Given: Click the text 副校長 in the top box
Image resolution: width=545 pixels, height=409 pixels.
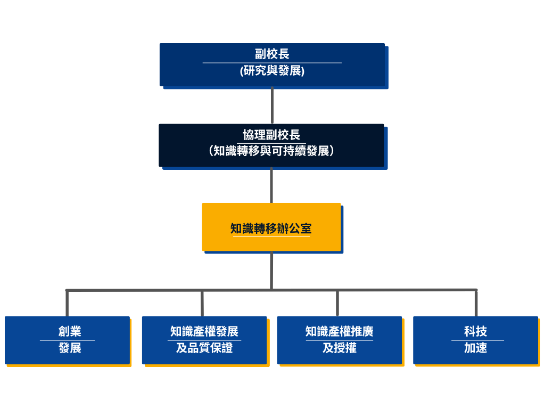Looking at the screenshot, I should click(272, 54).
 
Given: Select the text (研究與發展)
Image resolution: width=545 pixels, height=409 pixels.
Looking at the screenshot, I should click(272, 71).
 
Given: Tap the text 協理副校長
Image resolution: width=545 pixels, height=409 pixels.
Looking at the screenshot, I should click(271, 135).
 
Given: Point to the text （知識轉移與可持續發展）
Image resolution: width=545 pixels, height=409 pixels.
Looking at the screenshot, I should click(271, 151).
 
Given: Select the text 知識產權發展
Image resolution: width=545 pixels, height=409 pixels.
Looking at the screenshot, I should click(204, 332).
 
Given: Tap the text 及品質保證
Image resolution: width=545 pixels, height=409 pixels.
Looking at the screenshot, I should click(204, 349).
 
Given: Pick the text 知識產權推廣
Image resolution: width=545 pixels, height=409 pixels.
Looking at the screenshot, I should click(340, 332).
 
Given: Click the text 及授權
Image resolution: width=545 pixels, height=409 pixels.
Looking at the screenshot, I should click(340, 349).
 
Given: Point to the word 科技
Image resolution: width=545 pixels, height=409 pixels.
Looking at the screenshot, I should click(475, 332).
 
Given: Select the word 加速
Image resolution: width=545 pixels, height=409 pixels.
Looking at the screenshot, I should click(475, 349).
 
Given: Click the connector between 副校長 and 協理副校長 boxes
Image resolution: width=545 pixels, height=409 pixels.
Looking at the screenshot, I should click(272, 105).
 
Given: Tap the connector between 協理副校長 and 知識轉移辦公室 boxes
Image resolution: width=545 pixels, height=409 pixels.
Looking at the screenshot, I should click(271, 185).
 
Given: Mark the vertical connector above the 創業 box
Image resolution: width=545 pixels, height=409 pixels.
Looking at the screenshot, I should click(67, 304).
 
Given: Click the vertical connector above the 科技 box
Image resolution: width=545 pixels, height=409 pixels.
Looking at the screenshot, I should click(476, 304).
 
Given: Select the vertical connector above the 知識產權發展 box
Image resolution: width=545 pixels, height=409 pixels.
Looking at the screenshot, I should click(202, 304).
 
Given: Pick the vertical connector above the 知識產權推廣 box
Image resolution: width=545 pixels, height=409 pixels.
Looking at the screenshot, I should click(337, 304).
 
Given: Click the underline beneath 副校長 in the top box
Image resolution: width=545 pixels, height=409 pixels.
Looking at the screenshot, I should click(272, 63).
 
